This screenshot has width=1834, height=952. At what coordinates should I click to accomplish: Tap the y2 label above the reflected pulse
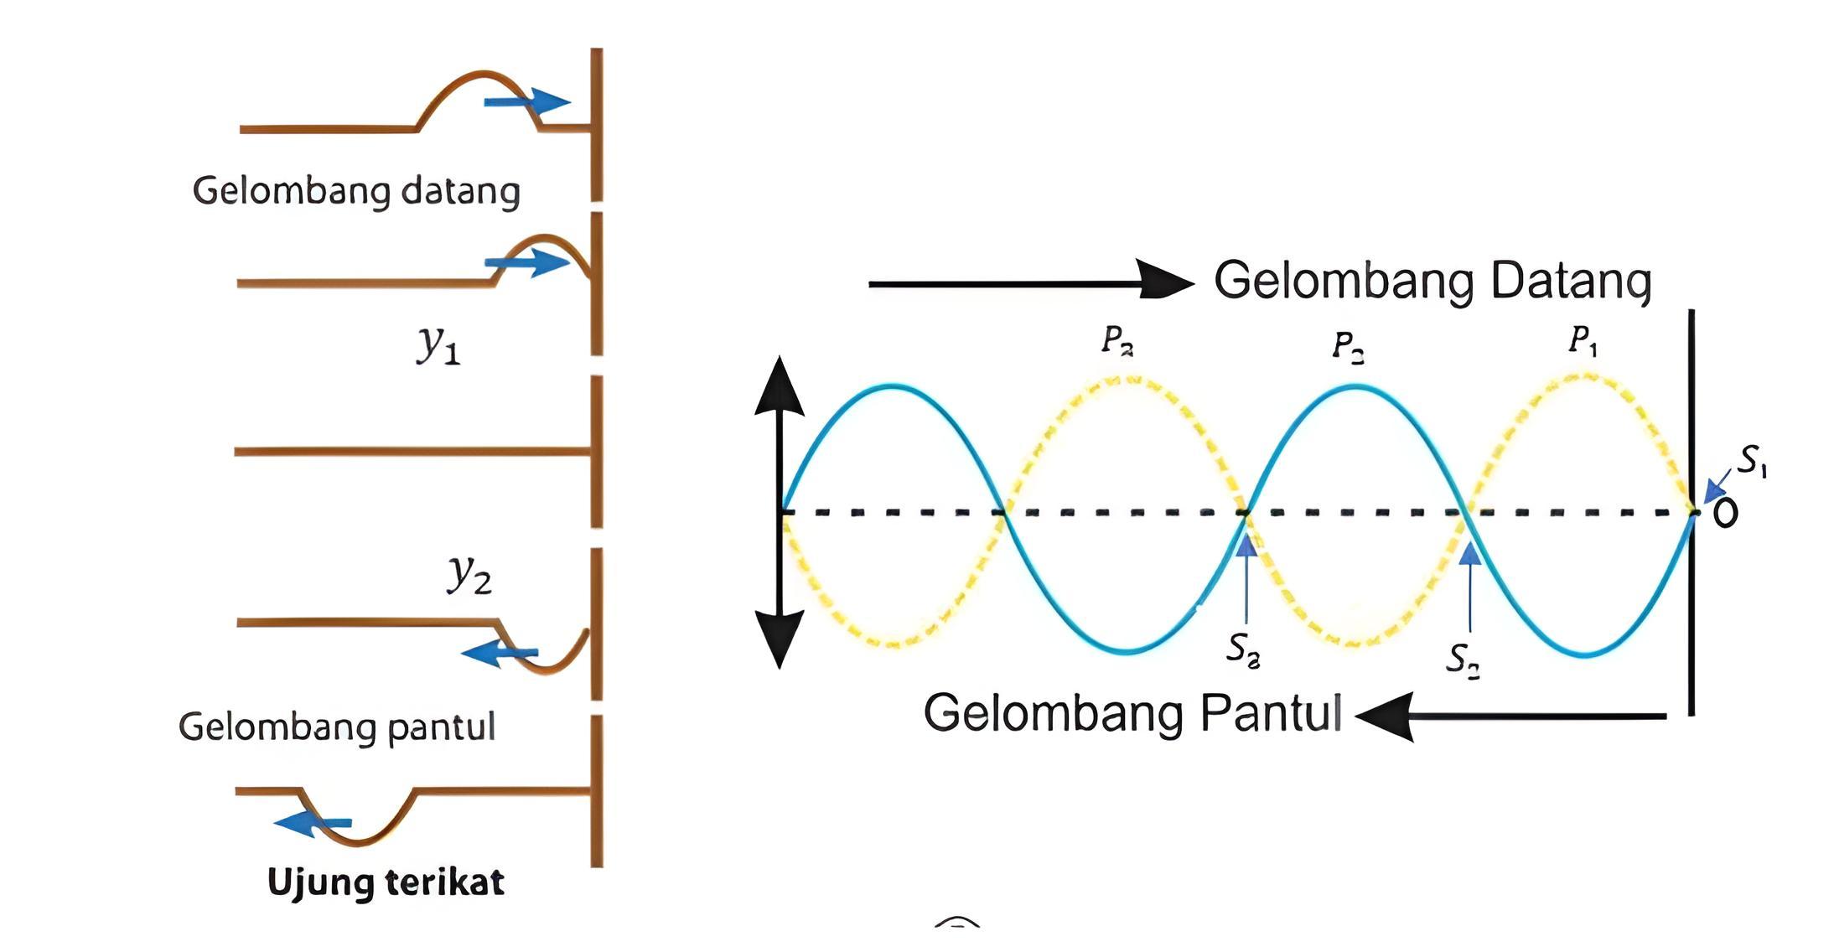point(469,575)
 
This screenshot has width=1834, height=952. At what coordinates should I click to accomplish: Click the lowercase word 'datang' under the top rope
point(460,191)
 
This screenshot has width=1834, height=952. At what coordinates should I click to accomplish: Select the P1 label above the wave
point(1583,340)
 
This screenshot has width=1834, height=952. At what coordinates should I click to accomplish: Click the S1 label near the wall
point(1752,460)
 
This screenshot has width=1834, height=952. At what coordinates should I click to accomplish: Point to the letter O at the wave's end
point(1725,513)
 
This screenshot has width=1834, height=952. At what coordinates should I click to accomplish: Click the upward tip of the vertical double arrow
point(780,385)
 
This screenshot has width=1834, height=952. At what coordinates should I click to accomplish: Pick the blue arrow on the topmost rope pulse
point(528,101)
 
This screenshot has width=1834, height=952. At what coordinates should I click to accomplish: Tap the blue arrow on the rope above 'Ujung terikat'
point(312,824)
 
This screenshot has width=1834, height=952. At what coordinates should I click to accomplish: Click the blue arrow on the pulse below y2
point(499,652)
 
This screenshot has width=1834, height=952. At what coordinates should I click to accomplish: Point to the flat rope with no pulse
point(411,452)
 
